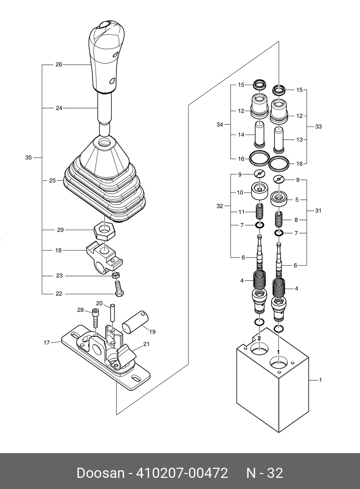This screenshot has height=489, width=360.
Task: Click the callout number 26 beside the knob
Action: tap(59, 64)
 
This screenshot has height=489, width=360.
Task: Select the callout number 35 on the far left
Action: tap(29, 158)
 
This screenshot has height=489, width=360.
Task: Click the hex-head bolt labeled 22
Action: tap(119, 288)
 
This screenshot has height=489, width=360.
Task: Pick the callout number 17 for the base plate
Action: tap(47, 343)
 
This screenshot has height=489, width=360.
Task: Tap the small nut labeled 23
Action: tap(115, 275)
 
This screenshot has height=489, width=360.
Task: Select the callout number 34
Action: tap(220, 125)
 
